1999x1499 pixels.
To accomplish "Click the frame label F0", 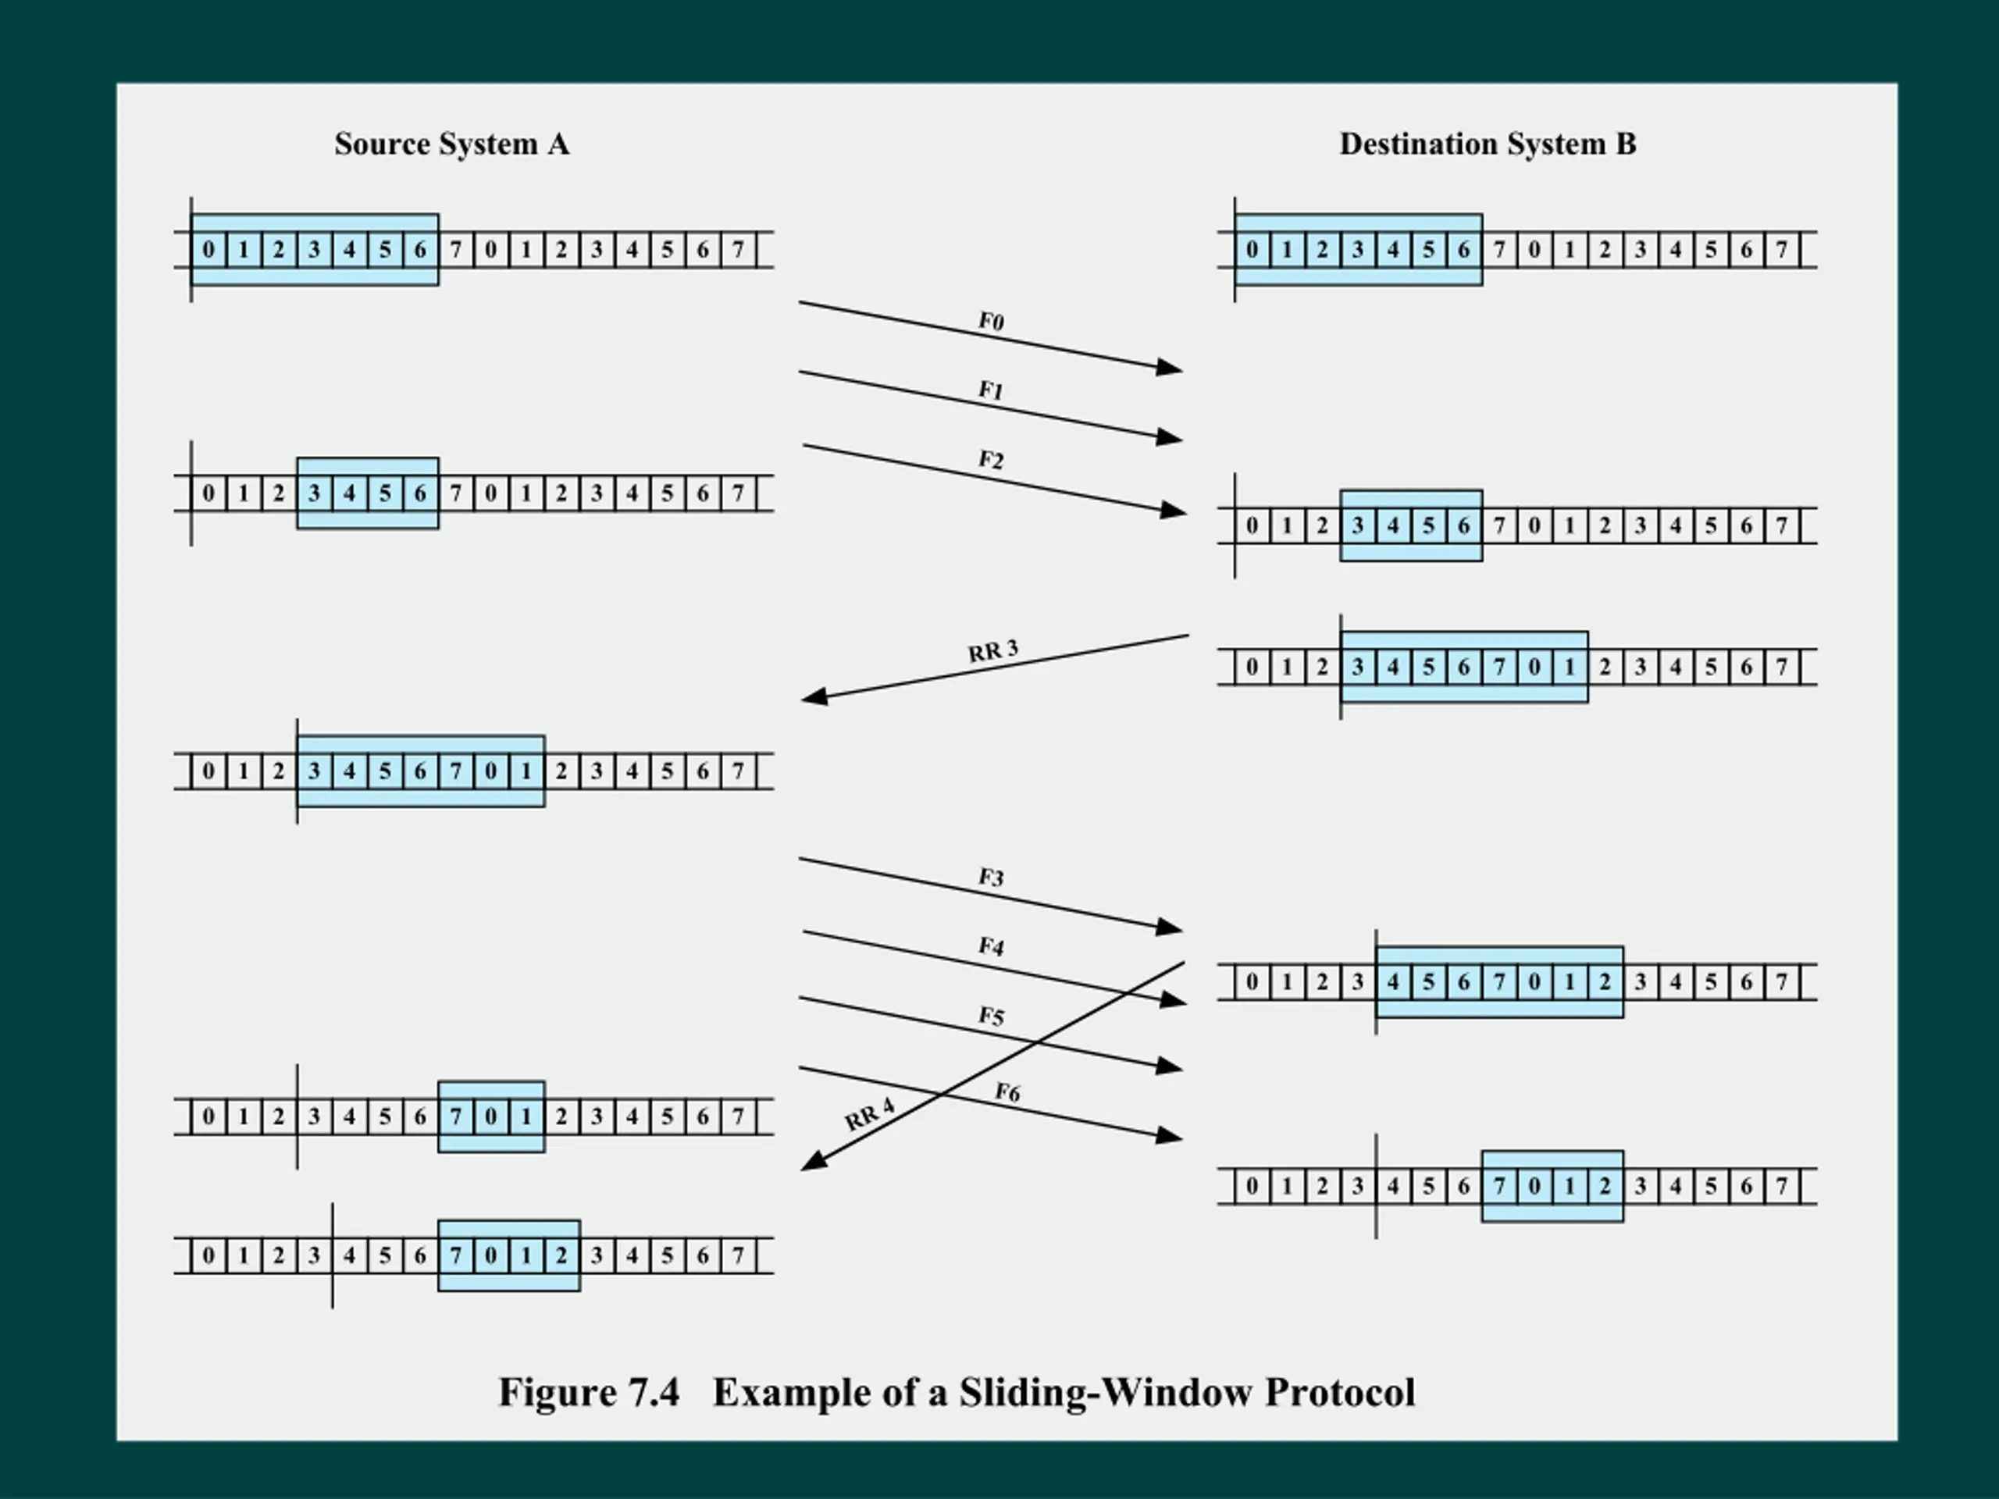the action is click(992, 322).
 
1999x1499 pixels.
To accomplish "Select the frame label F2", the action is click(992, 460).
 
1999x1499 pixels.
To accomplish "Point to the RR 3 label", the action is click(992, 650).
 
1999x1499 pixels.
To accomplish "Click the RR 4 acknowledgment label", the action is click(869, 1114).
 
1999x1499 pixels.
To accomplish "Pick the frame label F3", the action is click(992, 878).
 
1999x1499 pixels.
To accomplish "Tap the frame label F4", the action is click(992, 947).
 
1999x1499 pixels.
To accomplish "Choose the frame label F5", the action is click(992, 1017).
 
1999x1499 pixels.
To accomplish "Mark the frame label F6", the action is click(1007, 1092).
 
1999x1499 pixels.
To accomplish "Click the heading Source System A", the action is click(452, 144).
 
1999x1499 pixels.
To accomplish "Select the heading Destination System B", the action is click(1488, 144).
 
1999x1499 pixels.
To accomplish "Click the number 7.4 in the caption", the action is click(654, 1392).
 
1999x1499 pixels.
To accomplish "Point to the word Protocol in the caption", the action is click(1340, 1392).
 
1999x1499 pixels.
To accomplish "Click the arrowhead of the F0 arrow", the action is click(1171, 367).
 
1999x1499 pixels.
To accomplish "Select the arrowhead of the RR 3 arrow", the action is click(814, 696).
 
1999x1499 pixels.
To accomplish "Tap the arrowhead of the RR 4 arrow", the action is click(814, 1162).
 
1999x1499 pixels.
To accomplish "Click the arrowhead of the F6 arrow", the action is click(1171, 1136).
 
